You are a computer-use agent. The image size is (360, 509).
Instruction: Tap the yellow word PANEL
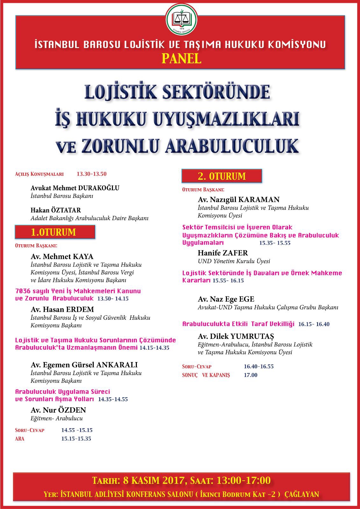[181, 59]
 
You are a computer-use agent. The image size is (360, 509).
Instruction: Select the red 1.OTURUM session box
[55, 232]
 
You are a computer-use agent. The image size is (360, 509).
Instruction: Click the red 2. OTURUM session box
[222, 176]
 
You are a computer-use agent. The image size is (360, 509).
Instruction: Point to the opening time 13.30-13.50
[92, 174]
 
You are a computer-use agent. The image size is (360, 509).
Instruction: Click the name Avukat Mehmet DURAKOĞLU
[75, 188]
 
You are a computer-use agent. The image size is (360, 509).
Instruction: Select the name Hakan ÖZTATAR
[56, 210]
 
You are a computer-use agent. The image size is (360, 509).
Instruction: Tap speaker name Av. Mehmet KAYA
[62, 256]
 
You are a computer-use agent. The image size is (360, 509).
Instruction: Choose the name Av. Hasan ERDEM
[62, 309]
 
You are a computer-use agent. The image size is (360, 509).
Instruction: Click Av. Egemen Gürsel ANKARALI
[84, 365]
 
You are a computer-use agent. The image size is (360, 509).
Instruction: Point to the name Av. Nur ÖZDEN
[58, 410]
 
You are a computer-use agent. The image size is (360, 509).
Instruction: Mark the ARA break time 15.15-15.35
[76, 439]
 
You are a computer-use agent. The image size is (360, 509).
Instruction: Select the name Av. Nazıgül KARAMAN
[239, 199]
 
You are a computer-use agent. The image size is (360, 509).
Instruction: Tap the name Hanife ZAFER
[222, 253]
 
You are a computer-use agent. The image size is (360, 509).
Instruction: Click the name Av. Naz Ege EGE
[226, 299]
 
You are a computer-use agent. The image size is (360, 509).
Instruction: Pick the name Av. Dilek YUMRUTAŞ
[236, 336]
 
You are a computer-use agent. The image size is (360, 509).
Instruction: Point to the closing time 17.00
[251, 375]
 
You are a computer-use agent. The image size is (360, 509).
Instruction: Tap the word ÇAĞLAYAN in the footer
[302, 494]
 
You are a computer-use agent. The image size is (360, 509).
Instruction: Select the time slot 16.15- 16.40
[314, 324]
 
